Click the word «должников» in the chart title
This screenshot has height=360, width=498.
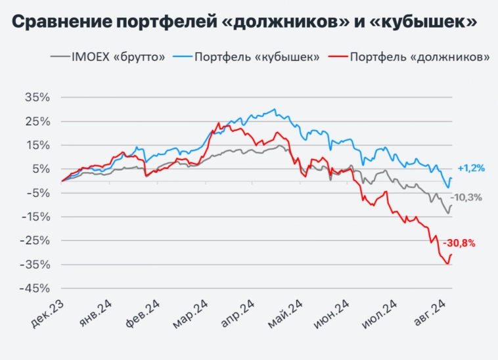[298, 22]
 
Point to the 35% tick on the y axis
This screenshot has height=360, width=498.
[37, 97]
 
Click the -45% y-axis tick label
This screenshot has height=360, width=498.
[36, 288]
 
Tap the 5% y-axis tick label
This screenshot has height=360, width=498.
[40, 169]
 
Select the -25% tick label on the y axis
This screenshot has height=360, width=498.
[36, 240]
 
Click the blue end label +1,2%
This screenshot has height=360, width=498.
[471, 168]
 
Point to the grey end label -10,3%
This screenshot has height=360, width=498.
[466, 197]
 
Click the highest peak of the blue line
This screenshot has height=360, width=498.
[274, 109]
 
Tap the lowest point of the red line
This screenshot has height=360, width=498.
[447, 264]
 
